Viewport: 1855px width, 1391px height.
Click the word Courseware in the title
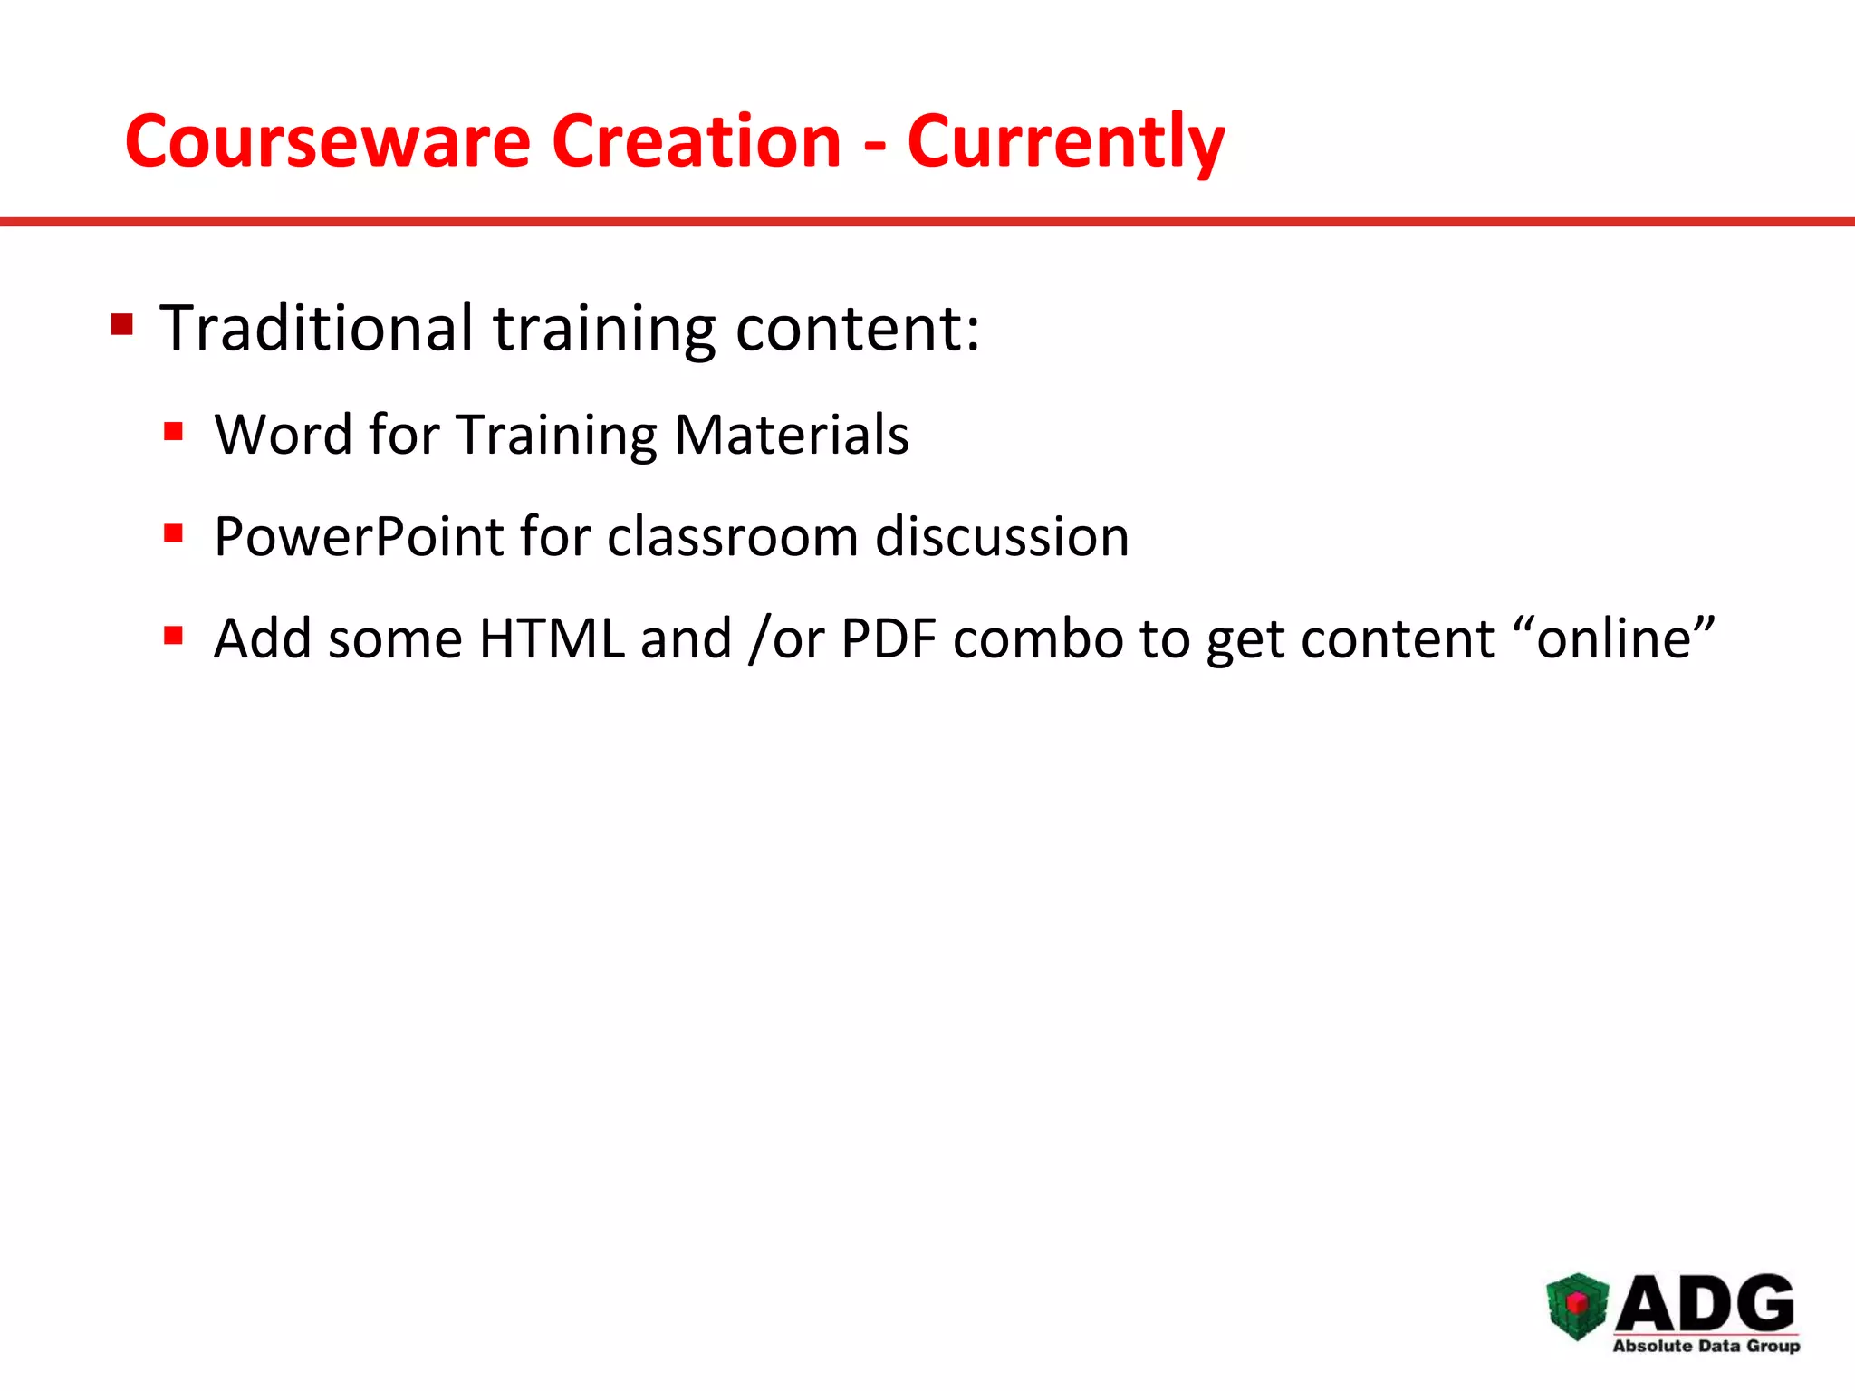tap(327, 142)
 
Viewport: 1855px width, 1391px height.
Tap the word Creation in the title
tap(697, 142)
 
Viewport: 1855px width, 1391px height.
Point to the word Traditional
tap(316, 328)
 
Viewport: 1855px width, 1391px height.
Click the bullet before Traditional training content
tap(122, 324)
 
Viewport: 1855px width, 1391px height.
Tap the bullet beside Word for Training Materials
tap(174, 431)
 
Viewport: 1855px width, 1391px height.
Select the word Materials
tap(792, 435)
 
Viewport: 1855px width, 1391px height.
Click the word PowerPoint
tap(359, 537)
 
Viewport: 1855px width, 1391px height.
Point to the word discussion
tap(1002, 537)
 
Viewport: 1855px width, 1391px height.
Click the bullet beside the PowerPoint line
tap(174, 533)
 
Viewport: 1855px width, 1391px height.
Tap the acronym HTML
tap(552, 638)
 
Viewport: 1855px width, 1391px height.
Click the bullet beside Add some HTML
tap(174, 636)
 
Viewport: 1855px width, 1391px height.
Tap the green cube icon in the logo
tap(1577, 1306)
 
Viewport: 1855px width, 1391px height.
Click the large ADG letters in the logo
tap(1706, 1303)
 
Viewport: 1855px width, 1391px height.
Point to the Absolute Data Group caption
tap(1706, 1346)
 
